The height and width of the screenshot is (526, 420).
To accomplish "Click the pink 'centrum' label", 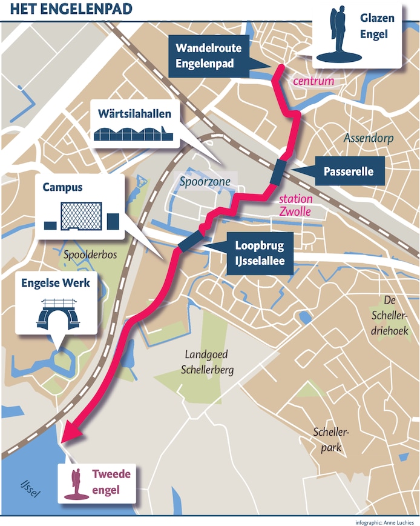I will point(313,81).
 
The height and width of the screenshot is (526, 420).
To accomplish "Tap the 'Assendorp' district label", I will point(369,138).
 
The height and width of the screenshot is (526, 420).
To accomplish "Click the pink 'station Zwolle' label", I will point(295,205).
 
